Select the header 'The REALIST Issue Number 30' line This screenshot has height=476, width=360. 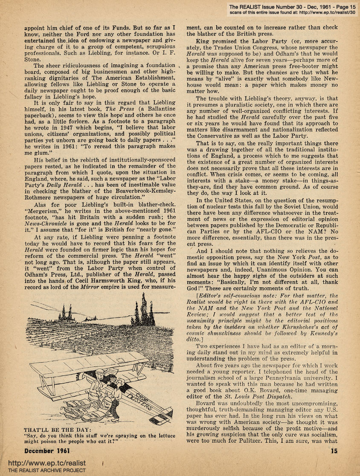coord(277,7)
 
